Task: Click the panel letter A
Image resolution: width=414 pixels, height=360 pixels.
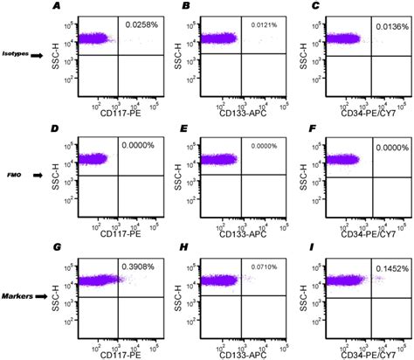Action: pyautogui.click(x=57, y=7)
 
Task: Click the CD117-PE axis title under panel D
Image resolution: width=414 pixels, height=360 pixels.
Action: pyautogui.click(x=103, y=232)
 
